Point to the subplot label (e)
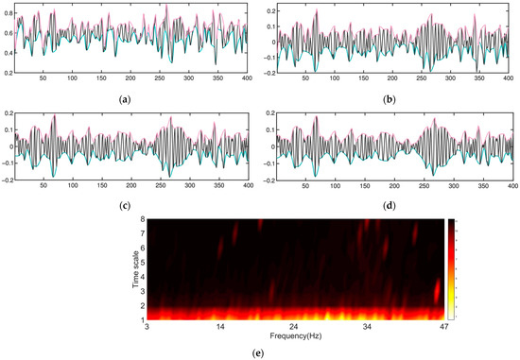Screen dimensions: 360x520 coord(258,351)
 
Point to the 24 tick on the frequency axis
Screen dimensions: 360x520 coord(294,328)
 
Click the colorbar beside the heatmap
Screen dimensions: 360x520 coord(449,270)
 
